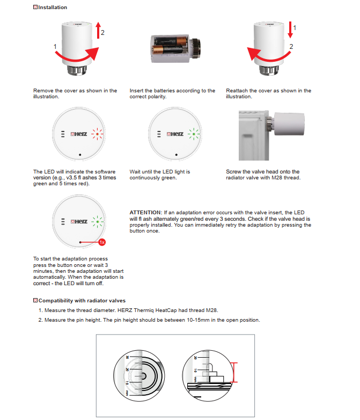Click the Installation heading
53,8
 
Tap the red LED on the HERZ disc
97,134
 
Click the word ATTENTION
146,213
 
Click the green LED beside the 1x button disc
97,221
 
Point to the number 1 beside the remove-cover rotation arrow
55,47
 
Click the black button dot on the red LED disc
79,155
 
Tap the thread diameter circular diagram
138,375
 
